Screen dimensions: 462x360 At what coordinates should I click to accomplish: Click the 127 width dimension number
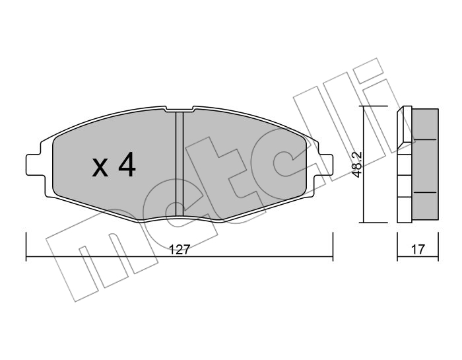point(179,250)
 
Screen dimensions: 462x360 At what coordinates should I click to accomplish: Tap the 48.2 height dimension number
point(358,165)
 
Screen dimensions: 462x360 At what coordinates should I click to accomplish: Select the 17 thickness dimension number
point(418,250)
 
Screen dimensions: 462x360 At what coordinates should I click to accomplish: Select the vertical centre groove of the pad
point(179,164)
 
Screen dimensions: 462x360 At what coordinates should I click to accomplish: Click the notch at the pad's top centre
point(179,109)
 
